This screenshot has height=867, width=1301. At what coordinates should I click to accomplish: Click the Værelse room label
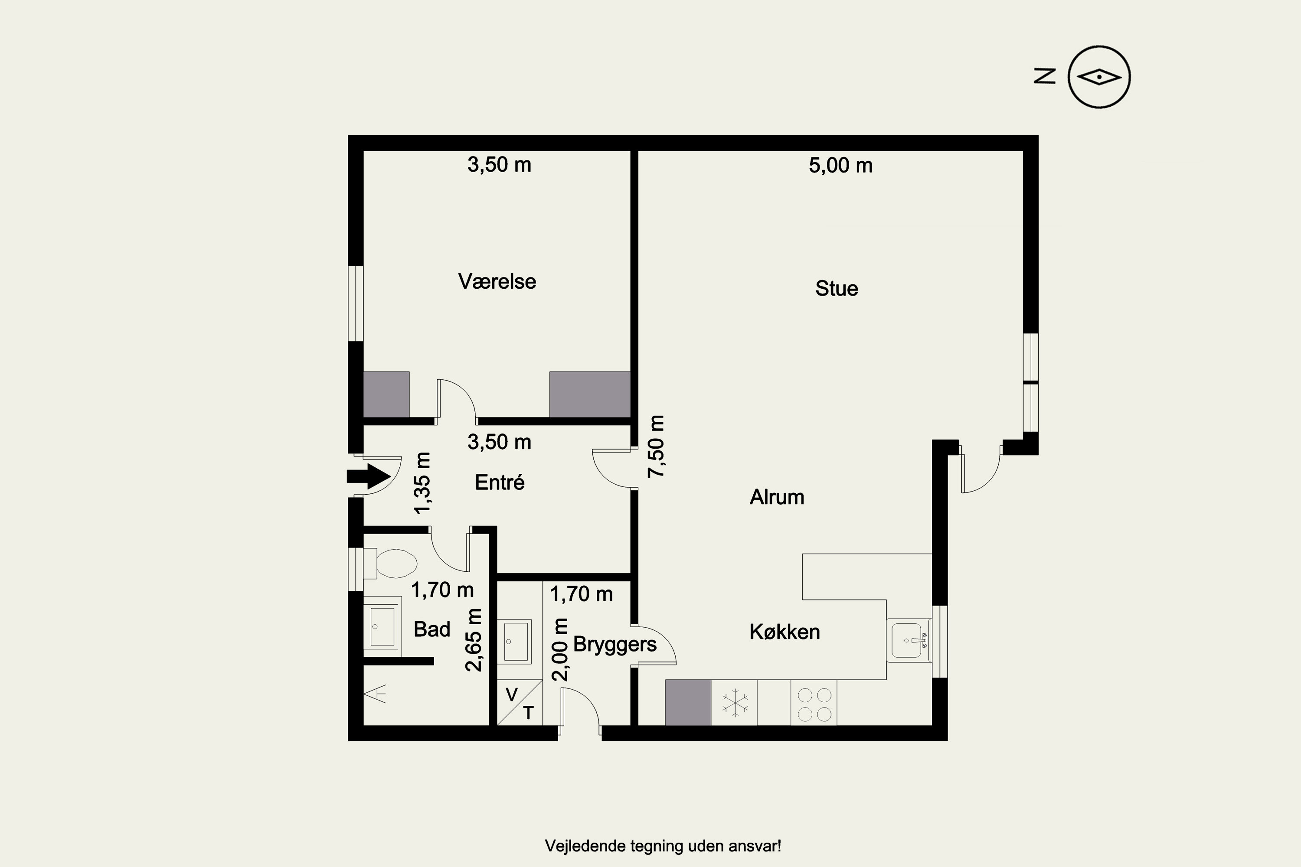pos(497,281)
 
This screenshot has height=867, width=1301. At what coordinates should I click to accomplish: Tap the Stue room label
pos(837,289)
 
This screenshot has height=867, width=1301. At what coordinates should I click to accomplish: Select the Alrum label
pos(777,497)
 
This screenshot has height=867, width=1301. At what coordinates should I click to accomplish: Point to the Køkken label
pos(785,632)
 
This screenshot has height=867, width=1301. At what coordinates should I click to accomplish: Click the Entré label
pos(500,482)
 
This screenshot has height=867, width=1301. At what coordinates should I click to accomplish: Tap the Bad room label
pos(432,629)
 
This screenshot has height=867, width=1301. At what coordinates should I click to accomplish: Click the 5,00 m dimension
pos(841,165)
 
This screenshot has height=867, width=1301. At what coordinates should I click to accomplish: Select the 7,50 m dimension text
pos(657,446)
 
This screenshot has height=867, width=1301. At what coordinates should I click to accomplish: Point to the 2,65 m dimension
pos(474,640)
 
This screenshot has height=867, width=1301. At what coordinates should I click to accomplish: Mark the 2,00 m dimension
pos(560,650)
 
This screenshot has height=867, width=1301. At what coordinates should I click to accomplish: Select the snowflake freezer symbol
pos(735,703)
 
